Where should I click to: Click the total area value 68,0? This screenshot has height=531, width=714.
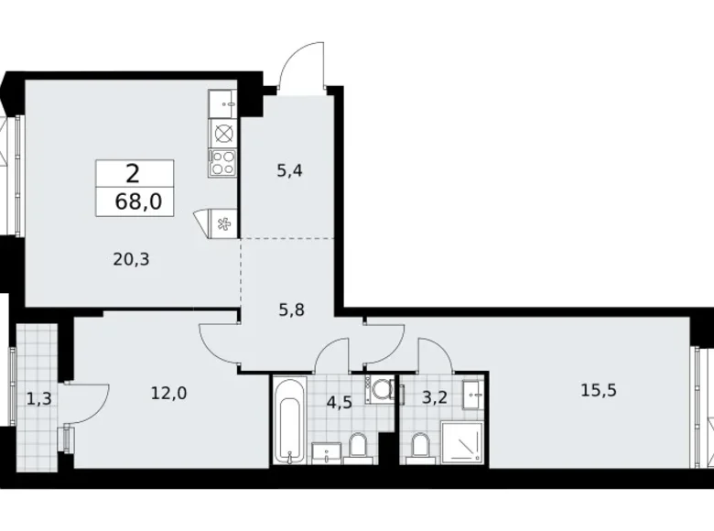tap(138, 203)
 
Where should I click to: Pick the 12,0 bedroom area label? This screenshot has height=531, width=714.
tap(169, 394)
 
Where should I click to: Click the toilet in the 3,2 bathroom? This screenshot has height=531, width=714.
tap(419, 446)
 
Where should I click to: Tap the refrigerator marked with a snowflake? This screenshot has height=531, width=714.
tap(221, 222)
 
